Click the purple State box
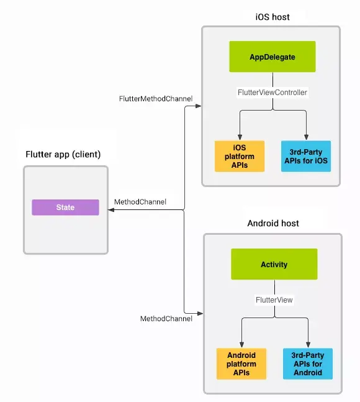coord(65,208)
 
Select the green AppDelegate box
coord(272,57)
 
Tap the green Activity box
coord(274,264)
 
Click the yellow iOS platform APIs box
coord(239,156)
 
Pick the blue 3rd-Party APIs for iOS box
coord(306,156)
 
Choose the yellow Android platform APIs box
coord(241,363)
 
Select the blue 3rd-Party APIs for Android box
coord(307,363)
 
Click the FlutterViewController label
coord(272,92)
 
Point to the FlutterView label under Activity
coord(274,299)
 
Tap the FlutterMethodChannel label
coord(156,99)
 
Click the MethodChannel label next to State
coord(140,202)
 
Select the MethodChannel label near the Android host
coord(166,319)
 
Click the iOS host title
coord(272,17)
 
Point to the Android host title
coord(273,223)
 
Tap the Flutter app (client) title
coord(63,154)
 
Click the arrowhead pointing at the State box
coord(112,211)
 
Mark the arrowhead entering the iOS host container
coord(198,106)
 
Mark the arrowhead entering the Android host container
coord(199,313)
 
